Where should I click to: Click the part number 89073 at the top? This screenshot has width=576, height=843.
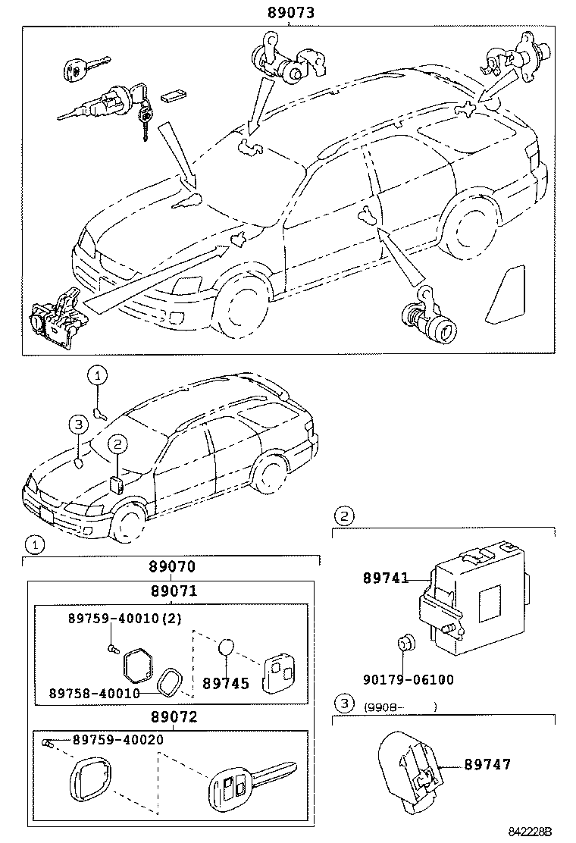(x=290, y=13)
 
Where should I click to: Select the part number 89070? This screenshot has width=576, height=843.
(x=171, y=566)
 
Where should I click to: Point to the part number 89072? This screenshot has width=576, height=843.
(x=171, y=716)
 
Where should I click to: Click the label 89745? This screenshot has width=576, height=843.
(x=225, y=684)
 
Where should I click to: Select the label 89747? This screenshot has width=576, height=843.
(x=487, y=764)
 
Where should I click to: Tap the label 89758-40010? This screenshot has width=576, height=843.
(x=94, y=692)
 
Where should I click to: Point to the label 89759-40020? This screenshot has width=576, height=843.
(x=119, y=739)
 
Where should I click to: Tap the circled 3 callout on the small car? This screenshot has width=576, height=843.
(x=79, y=424)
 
